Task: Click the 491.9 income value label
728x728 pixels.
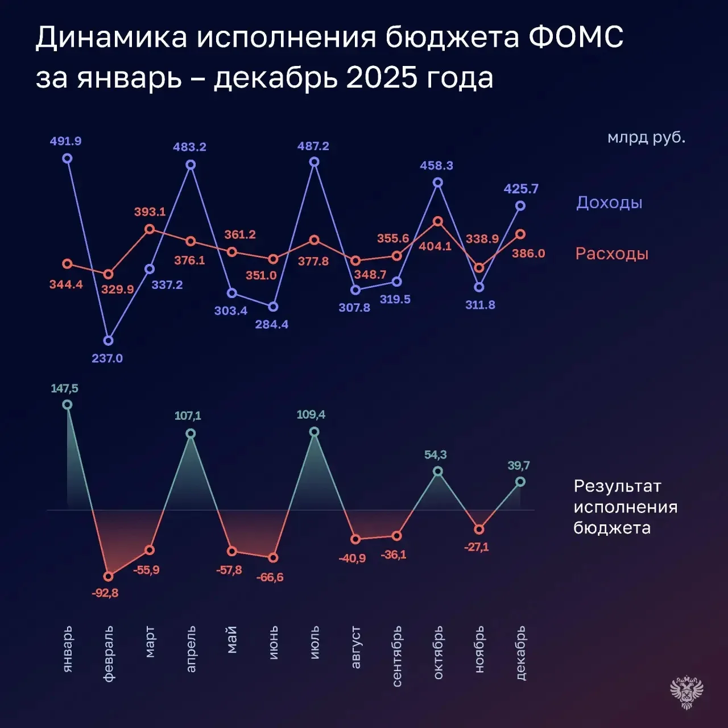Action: (x=65, y=141)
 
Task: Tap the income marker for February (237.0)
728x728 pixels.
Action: (x=109, y=341)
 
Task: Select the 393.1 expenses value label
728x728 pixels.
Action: (x=150, y=212)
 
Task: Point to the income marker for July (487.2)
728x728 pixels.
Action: (x=314, y=162)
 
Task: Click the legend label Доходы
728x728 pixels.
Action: (x=609, y=202)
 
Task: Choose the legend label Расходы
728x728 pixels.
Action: (x=611, y=254)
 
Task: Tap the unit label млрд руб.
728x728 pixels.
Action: (x=646, y=138)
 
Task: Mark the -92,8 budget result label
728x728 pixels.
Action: (x=105, y=593)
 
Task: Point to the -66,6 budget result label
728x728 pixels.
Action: (x=270, y=577)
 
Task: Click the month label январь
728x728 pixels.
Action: (x=67, y=649)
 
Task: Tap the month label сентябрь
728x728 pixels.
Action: (x=397, y=656)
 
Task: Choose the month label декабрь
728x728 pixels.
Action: (x=520, y=653)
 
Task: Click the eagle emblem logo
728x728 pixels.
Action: (x=687, y=692)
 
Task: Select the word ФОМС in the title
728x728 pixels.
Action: (x=576, y=38)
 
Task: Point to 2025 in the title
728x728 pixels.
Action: (x=382, y=78)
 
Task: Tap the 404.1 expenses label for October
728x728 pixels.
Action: (x=435, y=246)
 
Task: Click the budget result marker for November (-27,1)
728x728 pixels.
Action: (x=479, y=530)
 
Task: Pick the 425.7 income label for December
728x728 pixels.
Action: (x=521, y=189)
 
